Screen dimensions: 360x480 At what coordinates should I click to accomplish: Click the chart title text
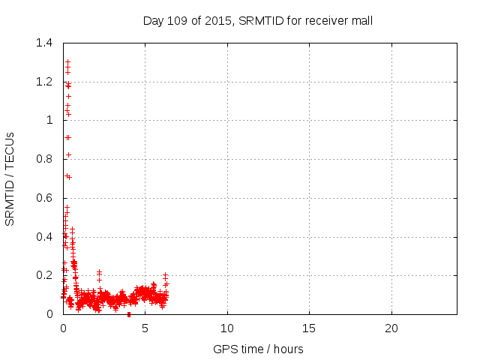click(x=258, y=21)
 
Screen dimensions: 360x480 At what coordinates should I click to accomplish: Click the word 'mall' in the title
click(x=361, y=21)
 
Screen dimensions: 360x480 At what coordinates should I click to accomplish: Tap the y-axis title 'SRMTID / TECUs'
click(x=10, y=178)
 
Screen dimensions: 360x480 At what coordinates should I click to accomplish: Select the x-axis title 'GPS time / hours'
click(x=259, y=349)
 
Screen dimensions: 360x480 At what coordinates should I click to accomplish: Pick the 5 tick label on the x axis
click(x=145, y=328)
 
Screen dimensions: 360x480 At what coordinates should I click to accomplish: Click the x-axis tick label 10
click(x=227, y=328)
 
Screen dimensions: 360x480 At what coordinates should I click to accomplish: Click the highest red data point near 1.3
click(x=67, y=62)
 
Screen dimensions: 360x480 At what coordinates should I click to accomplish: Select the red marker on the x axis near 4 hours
click(x=129, y=314)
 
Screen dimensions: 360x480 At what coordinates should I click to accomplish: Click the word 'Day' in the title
click(x=153, y=21)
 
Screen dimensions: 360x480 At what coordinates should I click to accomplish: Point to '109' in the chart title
click(x=178, y=21)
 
